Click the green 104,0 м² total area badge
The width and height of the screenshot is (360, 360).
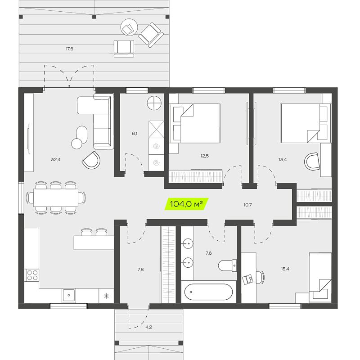coord(186,204)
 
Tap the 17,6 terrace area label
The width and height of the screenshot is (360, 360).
coord(69,49)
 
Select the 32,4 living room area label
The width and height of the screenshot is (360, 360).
coord(55,159)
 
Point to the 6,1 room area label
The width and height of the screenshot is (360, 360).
coord(135,133)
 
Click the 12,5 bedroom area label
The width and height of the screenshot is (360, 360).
coord(204,156)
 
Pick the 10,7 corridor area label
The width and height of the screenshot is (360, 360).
coord(247,205)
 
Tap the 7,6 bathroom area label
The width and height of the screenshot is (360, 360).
coord(208,253)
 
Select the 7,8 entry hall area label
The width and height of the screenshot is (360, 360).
coord(140,269)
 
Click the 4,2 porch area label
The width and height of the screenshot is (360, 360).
coord(148,327)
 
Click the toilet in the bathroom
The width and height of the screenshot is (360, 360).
coord(227,265)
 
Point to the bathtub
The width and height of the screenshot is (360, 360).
coord(208,292)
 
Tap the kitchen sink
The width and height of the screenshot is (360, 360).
coord(69,295)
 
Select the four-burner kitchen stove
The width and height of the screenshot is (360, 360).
coord(32,275)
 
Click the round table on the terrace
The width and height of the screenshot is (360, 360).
coord(129,27)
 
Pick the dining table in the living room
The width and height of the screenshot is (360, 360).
coord(56,198)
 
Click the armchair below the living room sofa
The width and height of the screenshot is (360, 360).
coord(91,160)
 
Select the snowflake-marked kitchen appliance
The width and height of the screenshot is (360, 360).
coord(106,296)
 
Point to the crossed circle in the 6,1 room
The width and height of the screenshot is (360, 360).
coord(154,103)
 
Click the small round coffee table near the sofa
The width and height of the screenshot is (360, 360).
coord(76,144)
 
